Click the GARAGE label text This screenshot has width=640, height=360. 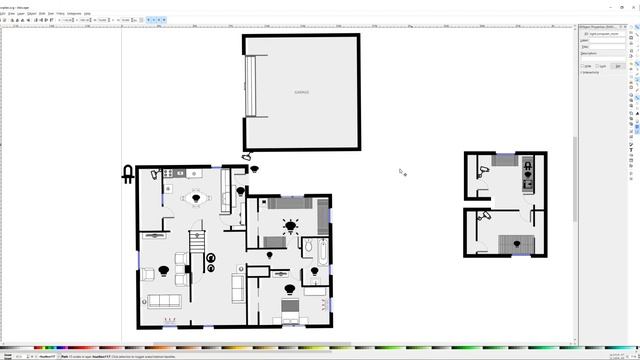click(x=301, y=93)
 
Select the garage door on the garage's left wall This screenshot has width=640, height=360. click(x=251, y=88)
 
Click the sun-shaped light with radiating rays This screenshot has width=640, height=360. click(x=290, y=227)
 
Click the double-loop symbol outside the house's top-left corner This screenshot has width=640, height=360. click(x=128, y=175)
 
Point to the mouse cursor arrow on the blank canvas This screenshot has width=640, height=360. click(x=401, y=171)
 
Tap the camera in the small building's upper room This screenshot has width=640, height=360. click(x=483, y=171)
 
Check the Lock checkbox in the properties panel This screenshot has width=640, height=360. click(x=600, y=66)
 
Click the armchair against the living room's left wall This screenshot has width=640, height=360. click(x=148, y=273)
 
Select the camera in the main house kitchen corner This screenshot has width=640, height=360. click(x=155, y=174)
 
